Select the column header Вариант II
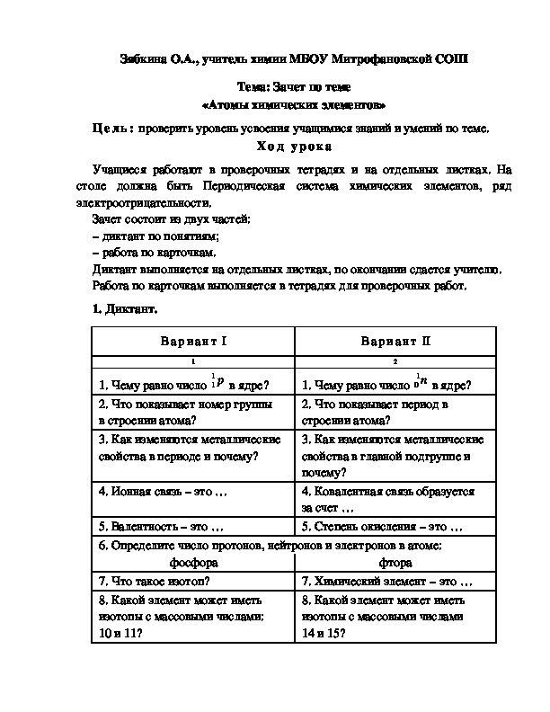(395, 342)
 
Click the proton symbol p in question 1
(219, 381)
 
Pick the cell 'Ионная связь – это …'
(163, 492)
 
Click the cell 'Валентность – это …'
(160, 526)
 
